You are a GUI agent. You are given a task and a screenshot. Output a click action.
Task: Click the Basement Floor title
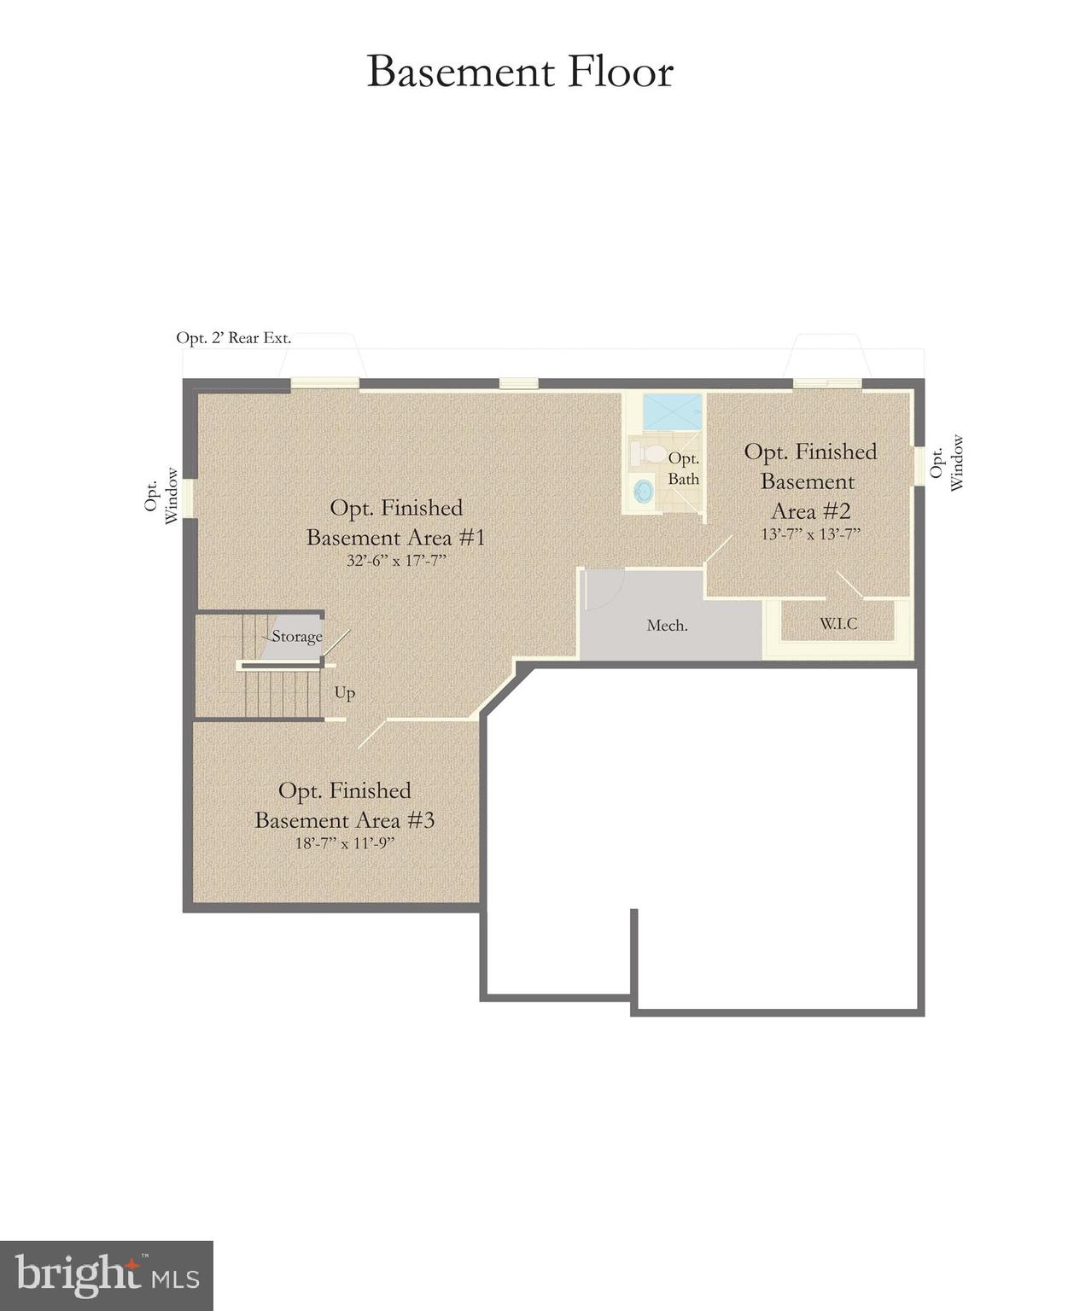[520, 72]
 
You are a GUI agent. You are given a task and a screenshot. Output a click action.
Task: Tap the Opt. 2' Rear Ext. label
[233, 338]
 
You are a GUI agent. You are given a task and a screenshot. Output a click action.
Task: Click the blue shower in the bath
[672, 411]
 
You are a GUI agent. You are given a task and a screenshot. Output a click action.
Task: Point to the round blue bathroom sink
[643, 491]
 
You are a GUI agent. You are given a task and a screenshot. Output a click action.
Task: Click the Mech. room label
[667, 626]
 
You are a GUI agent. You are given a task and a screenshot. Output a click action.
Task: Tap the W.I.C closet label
[838, 624]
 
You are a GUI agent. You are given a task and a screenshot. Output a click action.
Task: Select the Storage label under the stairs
[297, 637]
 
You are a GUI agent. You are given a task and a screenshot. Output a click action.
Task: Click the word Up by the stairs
[345, 692]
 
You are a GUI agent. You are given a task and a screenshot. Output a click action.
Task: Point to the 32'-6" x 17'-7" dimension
[397, 561]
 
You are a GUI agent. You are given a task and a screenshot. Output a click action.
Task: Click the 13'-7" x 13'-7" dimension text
[810, 534]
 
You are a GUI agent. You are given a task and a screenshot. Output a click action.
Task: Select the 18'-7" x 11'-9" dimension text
[345, 843]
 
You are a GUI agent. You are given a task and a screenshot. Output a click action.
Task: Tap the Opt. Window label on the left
[161, 496]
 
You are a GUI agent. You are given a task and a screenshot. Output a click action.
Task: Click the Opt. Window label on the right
[947, 463]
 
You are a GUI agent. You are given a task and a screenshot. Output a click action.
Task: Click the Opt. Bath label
[683, 469]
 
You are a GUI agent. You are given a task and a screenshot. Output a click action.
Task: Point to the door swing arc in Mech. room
[607, 589]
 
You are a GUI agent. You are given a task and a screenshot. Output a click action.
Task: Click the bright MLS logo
[107, 1276]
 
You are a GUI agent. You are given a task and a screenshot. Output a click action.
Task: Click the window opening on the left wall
[189, 498]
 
